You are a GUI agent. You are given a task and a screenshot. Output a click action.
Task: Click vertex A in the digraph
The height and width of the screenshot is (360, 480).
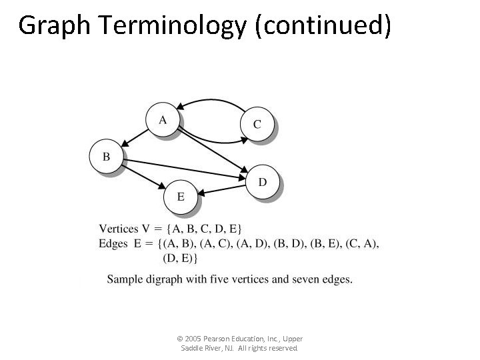pos(163,120)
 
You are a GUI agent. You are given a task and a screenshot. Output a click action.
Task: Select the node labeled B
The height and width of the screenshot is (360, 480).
pos(107,157)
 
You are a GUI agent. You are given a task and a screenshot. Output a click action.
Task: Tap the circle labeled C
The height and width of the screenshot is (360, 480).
pos(257,124)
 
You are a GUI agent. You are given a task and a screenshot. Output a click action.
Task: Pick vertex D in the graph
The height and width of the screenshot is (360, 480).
pos(263,182)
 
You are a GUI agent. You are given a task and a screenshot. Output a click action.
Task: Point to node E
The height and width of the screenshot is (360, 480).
pos(181,197)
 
